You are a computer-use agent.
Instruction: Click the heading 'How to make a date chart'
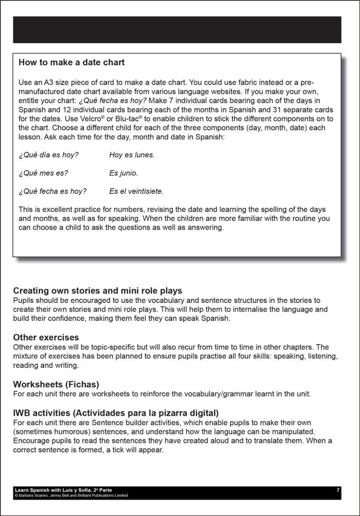72,63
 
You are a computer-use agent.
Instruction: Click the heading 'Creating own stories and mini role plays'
97,291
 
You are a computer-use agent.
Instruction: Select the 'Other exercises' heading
46,337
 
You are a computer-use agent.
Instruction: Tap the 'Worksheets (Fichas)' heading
56,384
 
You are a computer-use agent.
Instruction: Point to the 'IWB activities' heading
116,413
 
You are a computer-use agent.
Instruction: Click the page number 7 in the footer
338,490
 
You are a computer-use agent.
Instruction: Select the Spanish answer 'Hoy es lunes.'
132,155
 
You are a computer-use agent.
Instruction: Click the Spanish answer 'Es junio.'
123,173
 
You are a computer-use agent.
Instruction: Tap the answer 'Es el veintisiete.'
136,191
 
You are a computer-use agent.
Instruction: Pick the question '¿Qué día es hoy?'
48,155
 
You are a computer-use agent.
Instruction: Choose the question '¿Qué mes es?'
43,173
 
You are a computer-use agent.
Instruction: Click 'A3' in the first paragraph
48,82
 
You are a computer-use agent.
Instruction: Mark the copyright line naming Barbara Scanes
71,495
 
